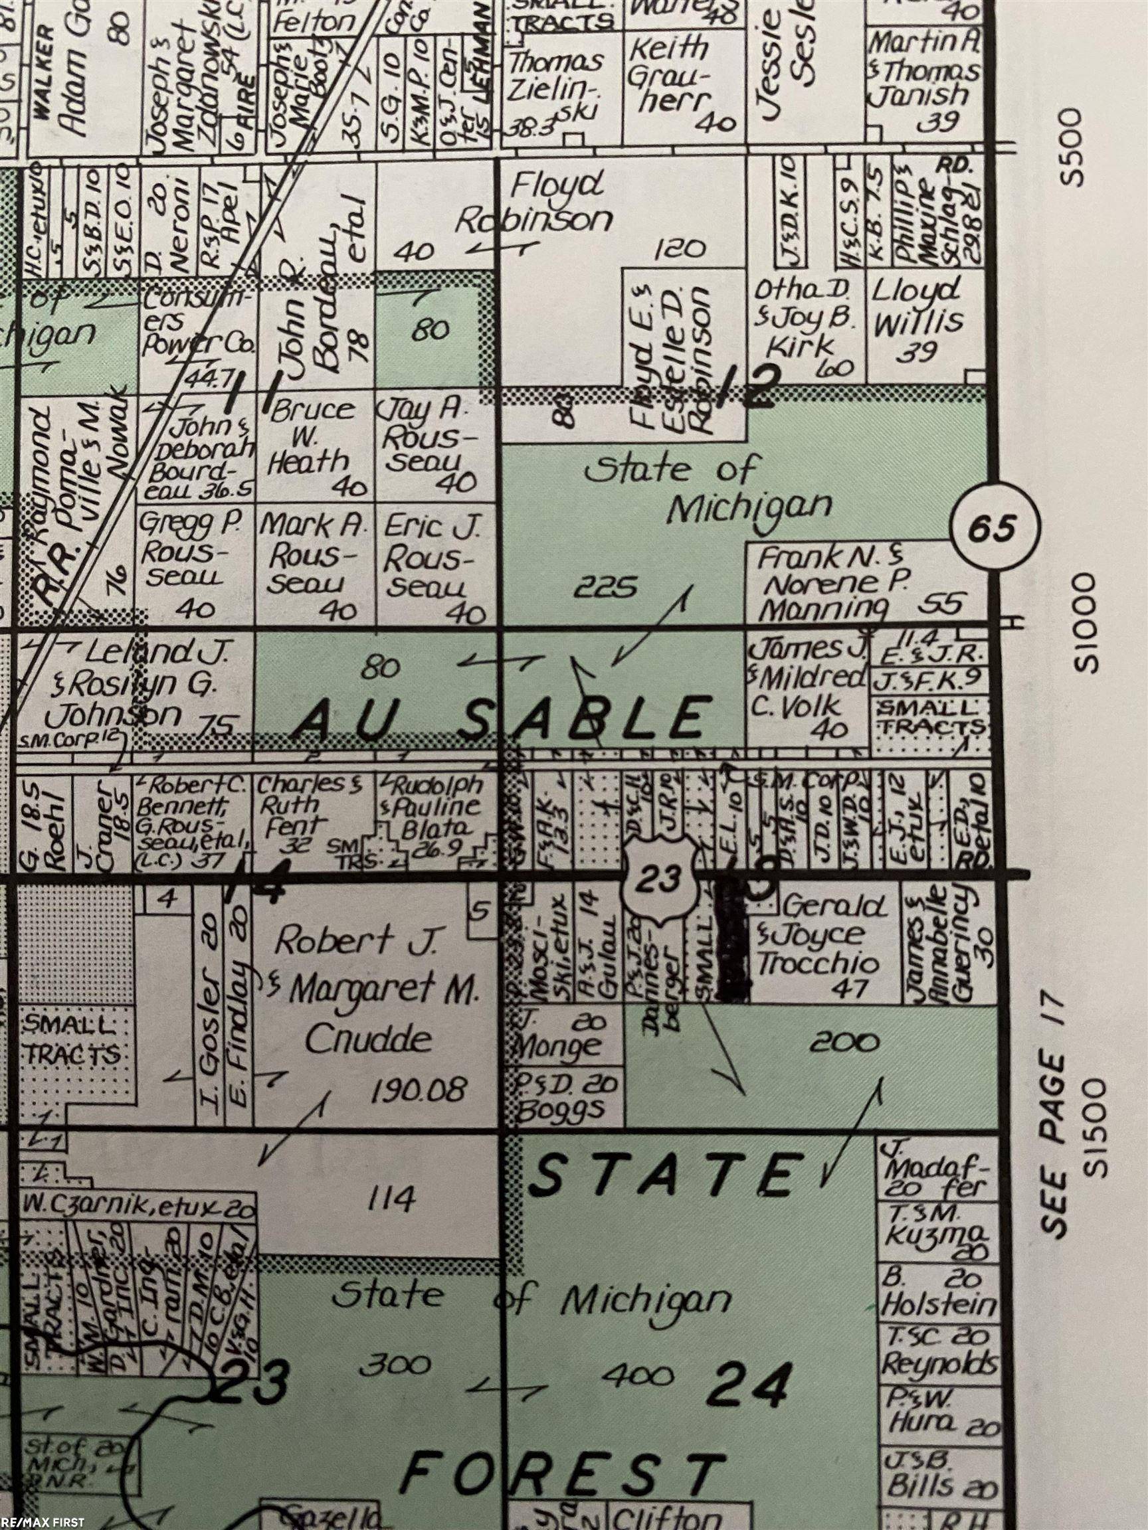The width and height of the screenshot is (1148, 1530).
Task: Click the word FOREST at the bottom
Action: click(561, 1469)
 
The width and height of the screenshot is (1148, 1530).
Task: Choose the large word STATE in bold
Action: click(665, 1175)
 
